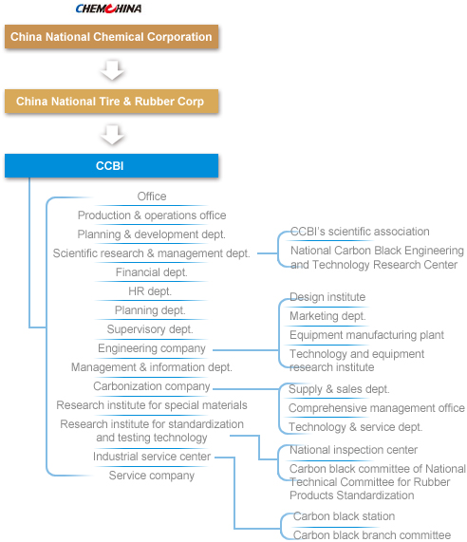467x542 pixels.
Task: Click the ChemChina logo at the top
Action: click(x=108, y=9)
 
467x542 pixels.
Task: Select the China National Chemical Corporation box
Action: click(x=111, y=37)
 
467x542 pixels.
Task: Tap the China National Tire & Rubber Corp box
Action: click(x=111, y=102)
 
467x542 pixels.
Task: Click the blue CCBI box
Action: click(x=111, y=165)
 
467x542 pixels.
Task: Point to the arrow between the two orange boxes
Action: click(x=112, y=70)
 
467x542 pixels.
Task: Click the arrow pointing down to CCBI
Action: click(x=112, y=135)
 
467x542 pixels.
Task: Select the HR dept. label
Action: click(x=150, y=291)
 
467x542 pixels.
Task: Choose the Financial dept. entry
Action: click(x=152, y=272)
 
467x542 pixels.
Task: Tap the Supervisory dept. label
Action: click(x=150, y=329)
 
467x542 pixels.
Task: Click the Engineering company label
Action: click(x=152, y=348)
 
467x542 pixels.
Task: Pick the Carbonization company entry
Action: click(x=152, y=386)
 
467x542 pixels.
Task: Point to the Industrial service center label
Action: click(x=152, y=457)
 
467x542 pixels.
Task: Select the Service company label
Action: click(x=152, y=476)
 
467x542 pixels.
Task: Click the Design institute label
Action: click(x=327, y=297)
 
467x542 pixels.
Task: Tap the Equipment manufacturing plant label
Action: click(x=366, y=335)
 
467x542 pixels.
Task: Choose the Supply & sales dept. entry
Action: click(x=339, y=389)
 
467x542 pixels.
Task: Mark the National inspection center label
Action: click(x=354, y=450)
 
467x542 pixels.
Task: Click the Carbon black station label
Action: click(x=344, y=516)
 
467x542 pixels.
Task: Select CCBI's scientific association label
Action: click(x=360, y=232)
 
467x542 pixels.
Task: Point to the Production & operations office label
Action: click(x=152, y=215)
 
